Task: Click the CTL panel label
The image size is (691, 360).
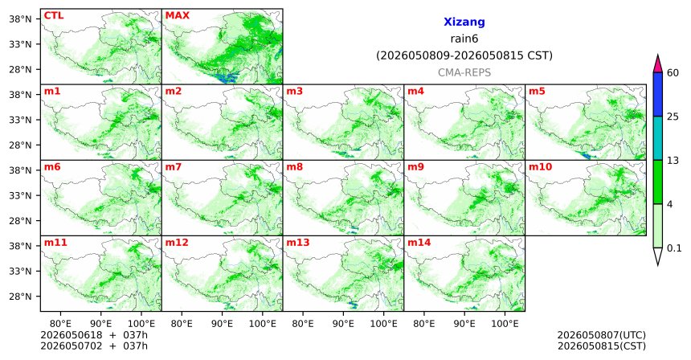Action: [x=54, y=15]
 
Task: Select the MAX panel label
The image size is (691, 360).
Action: [x=177, y=15]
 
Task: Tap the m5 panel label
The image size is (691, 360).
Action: [x=537, y=92]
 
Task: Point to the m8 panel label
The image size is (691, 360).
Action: [x=294, y=167]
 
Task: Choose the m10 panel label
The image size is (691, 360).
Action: [x=540, y=167]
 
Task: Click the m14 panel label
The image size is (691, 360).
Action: [x=419, y=243]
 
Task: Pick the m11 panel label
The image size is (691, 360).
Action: [x=55, y=243]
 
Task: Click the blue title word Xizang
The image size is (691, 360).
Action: [x=464, y=22]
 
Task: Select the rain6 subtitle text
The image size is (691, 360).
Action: [x=464, y=39]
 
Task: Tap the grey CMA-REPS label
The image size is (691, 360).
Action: [x=464, y=72]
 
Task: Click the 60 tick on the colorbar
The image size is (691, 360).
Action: [x=673, y=72]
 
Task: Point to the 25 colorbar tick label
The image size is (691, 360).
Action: [x=673, y=117]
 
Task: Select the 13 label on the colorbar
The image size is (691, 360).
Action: [x=673, y=161]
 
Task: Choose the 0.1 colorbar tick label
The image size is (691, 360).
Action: [x=674, y=248]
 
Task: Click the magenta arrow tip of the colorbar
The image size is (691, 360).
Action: [x=658, y=55]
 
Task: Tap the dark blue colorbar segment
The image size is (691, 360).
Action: [x=658, y=94]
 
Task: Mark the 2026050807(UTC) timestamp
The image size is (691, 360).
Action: [x=602, y=336]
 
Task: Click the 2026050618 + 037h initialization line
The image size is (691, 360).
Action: [x=94, y=335]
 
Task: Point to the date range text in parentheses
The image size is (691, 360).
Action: [x=464, y=56]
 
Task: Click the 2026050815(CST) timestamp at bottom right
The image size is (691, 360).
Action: [x=602, y=346]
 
